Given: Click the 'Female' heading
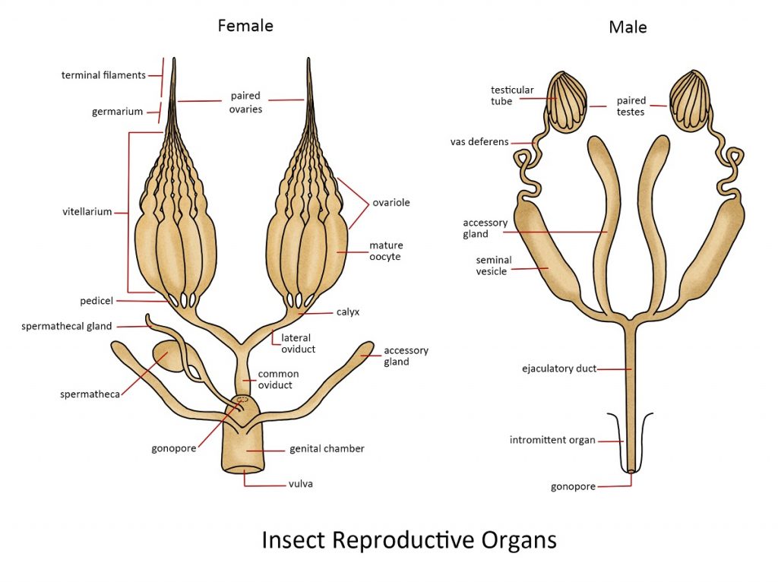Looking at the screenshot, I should pos(245,26).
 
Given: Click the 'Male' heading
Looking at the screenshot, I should pos(627,28).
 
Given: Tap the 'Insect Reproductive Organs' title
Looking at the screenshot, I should pos(409,540).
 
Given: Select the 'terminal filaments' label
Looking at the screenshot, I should pos(103,74).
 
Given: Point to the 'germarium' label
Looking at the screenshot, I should pos(118,112).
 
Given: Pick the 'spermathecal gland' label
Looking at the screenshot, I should pos(67,326).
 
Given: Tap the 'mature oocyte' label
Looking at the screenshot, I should pos(386,251).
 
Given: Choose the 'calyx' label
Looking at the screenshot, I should pos(349,312).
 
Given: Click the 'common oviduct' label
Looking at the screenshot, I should pos(278,379).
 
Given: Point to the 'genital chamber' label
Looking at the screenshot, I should pos(327,448).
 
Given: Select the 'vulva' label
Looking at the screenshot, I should pos(300,484).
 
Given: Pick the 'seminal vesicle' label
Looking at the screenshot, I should pos(494,265).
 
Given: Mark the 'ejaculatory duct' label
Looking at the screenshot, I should pos(558,368).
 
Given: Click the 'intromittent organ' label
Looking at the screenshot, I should pos(553,440).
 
